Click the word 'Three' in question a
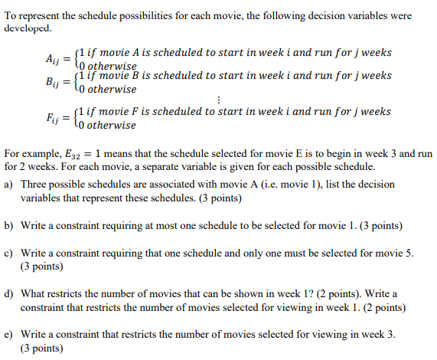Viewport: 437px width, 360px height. click(35, 185)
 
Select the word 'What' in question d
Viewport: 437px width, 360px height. click(34, 293)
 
